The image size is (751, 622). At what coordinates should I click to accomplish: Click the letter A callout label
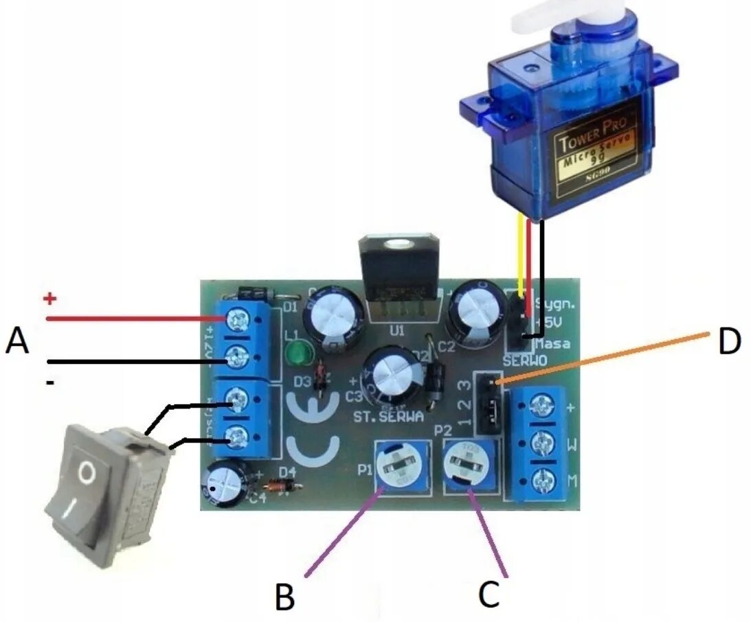(x=17, y=341)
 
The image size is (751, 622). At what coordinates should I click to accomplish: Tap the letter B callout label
(x=284, y=597)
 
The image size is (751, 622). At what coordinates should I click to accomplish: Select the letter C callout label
(x=489, y=595)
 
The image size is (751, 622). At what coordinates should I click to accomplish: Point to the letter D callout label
(x=728, y=341)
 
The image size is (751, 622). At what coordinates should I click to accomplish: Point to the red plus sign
(x=49, y=299)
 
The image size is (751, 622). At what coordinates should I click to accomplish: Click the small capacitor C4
(x=225, y=483)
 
